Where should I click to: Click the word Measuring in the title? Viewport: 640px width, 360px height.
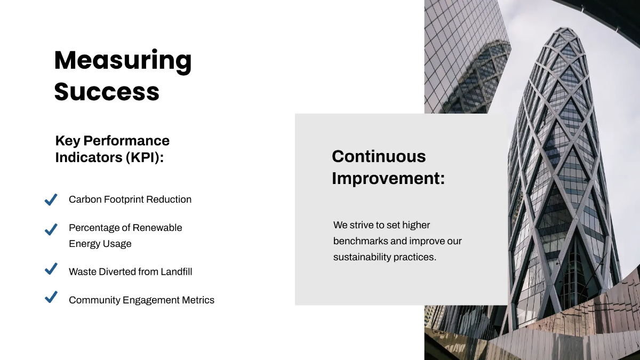coord(123,61)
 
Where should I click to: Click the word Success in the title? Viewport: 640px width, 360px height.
coord(107,92)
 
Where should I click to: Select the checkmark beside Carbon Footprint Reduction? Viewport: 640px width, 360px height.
coord(51,199)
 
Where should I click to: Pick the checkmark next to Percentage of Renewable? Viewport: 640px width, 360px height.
coord(51,229)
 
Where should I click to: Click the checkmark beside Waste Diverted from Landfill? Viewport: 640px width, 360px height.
coord(51,269)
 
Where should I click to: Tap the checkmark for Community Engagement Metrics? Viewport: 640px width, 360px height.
coord(51,297)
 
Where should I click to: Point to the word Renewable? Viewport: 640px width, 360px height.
coord(157,228)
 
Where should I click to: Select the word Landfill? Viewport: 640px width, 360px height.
coord(175,272)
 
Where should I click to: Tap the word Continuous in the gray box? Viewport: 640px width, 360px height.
coord(379,156)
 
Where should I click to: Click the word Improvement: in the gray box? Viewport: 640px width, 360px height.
coord(388,178)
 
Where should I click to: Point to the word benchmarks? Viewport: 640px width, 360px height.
coord(361,241)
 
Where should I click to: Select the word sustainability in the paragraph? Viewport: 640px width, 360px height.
coord(362,257)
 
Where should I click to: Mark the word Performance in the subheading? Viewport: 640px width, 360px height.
coord(126,141)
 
